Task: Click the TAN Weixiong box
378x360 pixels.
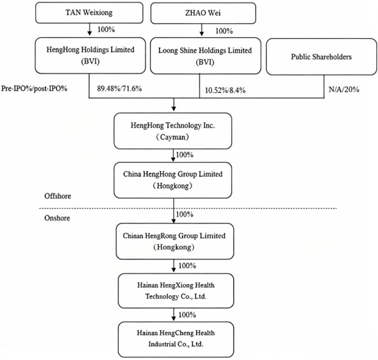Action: (x=89, y=13)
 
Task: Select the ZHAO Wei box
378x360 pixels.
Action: (x=203, y=13)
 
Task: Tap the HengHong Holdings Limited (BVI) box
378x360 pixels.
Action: (x=90, y=55)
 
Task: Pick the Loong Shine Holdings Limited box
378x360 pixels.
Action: (x=206, y=56)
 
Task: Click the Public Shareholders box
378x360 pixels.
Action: (x=322, y=56)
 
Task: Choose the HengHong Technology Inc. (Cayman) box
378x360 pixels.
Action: (x=173, y=131)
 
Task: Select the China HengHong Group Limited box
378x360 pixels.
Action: (x=173, y=180)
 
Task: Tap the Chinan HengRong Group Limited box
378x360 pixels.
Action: (x=175, y=241)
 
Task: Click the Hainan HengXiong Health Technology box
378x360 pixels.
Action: (x=176, y=291)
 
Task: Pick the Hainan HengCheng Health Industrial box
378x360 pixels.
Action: (x=176, y=339)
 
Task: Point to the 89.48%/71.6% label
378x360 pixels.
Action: (x=120, y=89)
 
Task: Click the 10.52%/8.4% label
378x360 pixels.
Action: (x=225, y=90)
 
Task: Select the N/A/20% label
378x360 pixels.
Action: (x=344, y=89)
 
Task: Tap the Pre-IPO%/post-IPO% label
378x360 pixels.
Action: (x=34, y=89)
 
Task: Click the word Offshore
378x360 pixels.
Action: (x=58, y=196)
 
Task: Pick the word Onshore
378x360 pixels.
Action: (x=57, y=218)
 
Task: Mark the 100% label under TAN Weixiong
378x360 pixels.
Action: (x=106, y=29)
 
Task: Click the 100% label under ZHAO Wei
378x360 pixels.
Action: (x=224, y=31)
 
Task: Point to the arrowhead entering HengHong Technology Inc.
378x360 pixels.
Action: (x=174, y=109)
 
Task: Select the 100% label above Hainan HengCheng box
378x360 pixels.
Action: (x=187, y=315)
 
